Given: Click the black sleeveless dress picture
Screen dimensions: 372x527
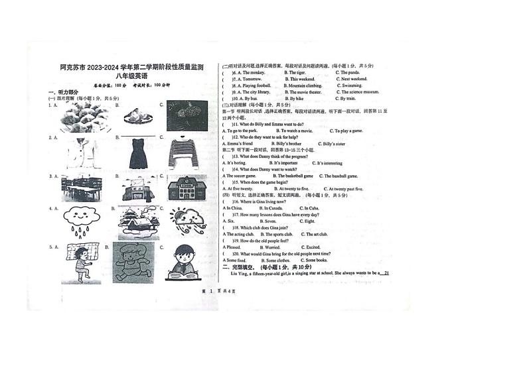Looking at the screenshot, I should (x=139, y=153).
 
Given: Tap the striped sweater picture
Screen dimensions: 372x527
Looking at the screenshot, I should (x=183, y=153).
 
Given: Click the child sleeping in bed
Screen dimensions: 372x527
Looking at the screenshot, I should (x=80, y=262).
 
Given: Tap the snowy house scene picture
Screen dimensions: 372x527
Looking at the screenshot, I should (x=138, y=222).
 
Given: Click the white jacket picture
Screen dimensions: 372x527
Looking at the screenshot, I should (x=83, y=153).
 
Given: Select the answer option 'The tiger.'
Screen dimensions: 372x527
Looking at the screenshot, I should (x=296, y=72).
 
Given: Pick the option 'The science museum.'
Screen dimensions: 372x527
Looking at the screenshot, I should (x=359, y=92).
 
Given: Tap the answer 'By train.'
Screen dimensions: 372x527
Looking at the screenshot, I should (x=347, y=99).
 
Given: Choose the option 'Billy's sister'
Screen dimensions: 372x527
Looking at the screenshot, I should (x=333, y=144).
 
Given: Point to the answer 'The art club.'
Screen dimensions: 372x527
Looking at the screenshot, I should (x=316, y=234).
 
